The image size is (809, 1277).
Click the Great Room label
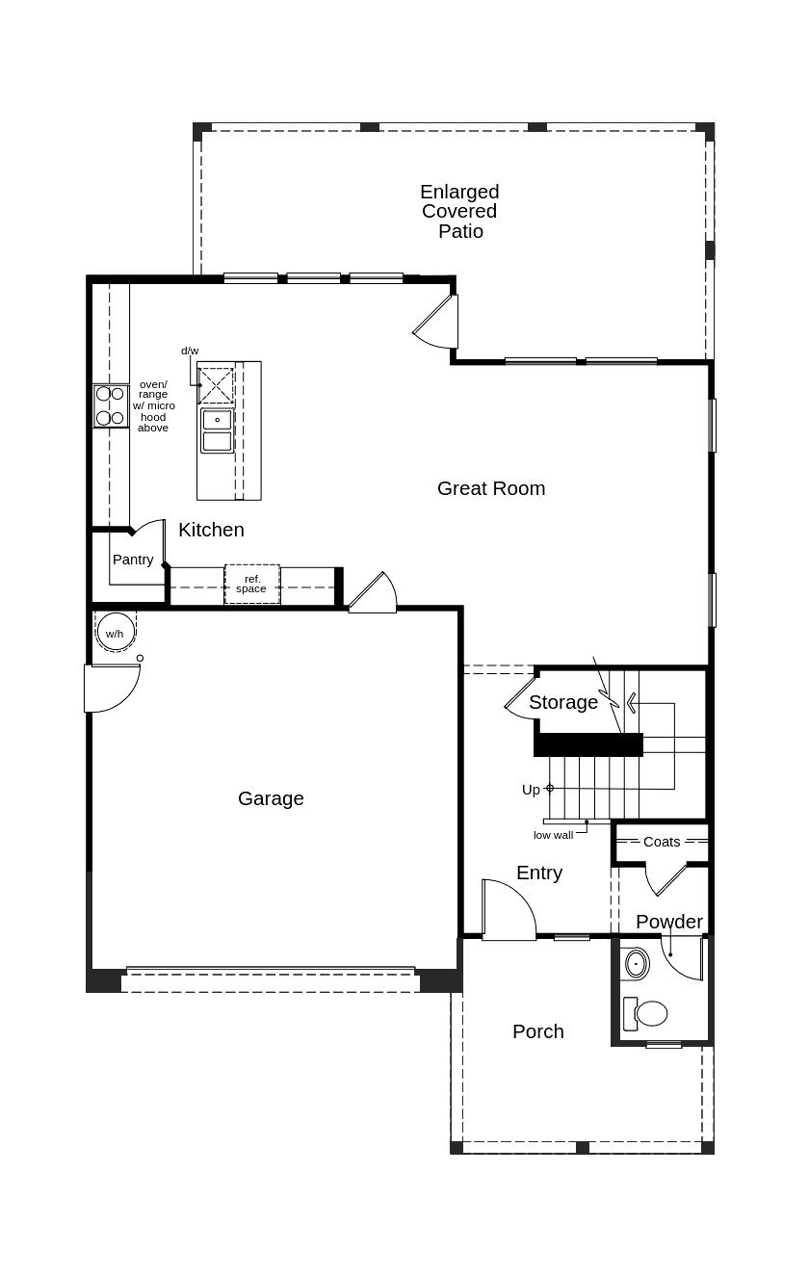[x=491, y=488]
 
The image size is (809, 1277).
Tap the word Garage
[x=271, y=798]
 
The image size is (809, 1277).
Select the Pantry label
[x=133, y=560]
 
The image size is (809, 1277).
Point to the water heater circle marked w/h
[x=115, y=633]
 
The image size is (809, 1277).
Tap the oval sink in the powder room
[x=637, y=964]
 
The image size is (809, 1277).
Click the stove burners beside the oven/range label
[x=111, y=405]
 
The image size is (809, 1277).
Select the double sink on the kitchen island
[x=217, y=430]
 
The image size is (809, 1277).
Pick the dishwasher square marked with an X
[x=216, y=385]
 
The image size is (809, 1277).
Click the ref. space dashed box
[x=252, y=585]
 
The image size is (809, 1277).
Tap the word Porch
[x=538, y=1031]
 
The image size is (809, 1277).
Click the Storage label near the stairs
[x=563, y=702]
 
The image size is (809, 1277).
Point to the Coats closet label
[x=662, y=842]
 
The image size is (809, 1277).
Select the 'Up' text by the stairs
[x=531, y=790]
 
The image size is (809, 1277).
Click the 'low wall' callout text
[x=553, y=835]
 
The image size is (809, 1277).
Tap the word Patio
[x=460, y=231]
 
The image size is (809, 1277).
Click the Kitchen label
[x=211, y=531]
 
